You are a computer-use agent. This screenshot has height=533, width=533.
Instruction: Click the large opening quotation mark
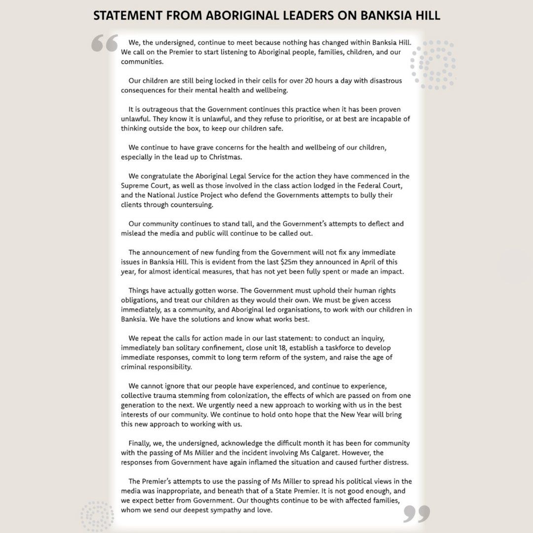point(104,43)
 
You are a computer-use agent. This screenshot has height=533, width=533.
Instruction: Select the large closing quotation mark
point(416,513)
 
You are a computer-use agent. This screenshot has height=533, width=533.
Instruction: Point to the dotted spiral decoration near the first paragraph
point(433,65)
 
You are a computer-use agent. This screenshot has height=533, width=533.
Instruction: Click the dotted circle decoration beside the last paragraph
point(97,516)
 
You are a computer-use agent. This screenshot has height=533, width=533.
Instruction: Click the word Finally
point(141,443)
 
